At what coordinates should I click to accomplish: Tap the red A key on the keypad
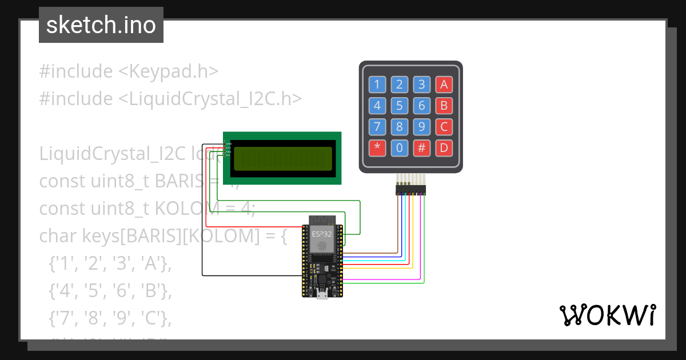tap(444, 85)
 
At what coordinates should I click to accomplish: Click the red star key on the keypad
tap(377, 148)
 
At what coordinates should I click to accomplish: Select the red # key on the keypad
tap(421, 148)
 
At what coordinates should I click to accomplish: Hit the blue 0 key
tap(399, 148)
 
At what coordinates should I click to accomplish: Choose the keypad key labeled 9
tap(421, 127)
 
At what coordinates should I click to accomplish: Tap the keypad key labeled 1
tap(377, 85)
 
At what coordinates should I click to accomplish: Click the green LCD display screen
tap(283, 158)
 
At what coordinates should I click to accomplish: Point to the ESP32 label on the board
tap(321, 234)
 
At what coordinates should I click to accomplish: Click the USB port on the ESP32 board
tap(322, 294)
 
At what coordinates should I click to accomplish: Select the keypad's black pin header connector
tap(410, 189)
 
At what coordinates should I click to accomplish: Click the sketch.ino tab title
tap(101, 25)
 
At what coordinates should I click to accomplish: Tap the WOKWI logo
tap(607, 315)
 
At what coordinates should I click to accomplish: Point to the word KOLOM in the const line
tap(178, 208)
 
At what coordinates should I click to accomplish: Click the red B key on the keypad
tap(444, 106)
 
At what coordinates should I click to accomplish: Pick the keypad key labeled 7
tap(377, 127)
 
